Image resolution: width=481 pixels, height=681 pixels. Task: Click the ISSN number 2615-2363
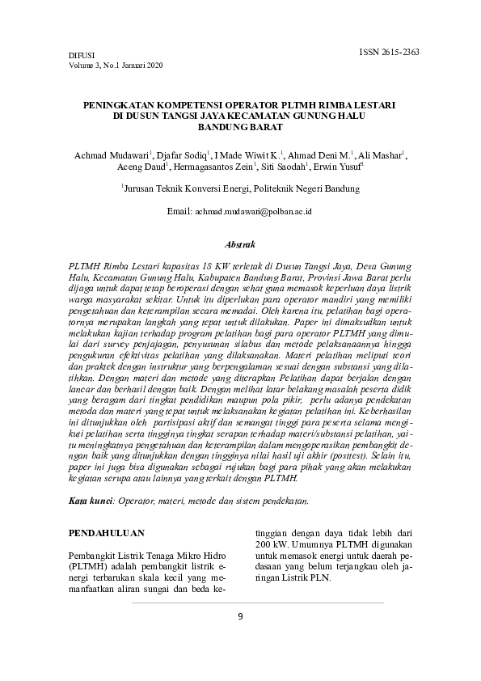(x=389, y=52)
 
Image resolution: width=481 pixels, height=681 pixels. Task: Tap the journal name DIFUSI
(x=82, y=56)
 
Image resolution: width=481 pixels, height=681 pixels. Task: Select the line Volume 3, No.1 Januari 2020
(x=116, y=66)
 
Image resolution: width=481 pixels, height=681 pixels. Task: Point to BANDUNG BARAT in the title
(x=239, y=127)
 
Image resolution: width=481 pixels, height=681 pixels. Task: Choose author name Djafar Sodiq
(x=183, y=154)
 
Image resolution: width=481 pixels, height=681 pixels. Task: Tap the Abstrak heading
(x=239, y=243)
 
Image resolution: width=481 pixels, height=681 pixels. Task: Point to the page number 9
(x=239, y=616)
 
